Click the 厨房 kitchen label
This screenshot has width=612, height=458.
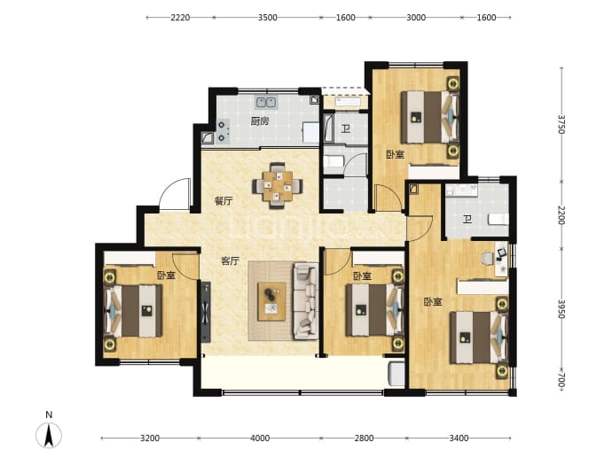[x=260, y=121]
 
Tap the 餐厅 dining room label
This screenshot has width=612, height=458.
[x=224, y=201]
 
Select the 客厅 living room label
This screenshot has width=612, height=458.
[x=230, y=260]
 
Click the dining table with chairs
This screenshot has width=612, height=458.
[x=278, y=185]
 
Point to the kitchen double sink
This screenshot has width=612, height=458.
[x=266, y=102]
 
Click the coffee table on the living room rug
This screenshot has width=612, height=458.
[x=271, y=302]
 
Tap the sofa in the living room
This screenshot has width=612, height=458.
[x=306, y=301]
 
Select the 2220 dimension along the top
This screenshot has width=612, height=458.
[x=180, y=18]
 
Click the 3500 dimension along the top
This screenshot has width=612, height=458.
[x=267, y=18]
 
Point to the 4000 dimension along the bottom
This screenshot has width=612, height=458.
[x=260, y=439]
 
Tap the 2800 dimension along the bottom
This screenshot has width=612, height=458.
[x=364, y=439]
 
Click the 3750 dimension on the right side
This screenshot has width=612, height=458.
[x=561, y=124]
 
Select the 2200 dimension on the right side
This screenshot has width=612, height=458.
[x=561, y=215]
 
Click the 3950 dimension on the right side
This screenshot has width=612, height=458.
[x=561, y=308]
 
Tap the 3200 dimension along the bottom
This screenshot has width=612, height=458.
[x=150, y=439]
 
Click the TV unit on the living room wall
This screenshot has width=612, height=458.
[x=206, y=312]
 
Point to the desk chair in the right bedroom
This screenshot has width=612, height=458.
[x=487, y=259]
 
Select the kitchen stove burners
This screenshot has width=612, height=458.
[x=222, y=131]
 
